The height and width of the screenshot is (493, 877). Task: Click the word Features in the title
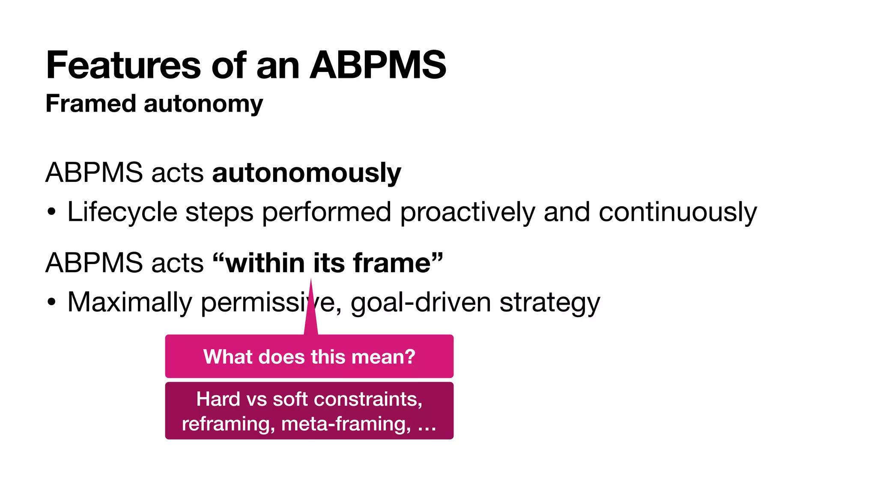point(123,65)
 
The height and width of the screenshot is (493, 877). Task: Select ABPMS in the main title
point(378,65)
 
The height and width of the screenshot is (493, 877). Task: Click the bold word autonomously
point(307,173)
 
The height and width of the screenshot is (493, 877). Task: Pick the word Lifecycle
point(122,213)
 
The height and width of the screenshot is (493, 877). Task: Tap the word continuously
point(677,213)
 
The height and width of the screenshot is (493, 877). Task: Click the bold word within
point(265,263)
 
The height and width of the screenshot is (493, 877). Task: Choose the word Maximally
point(130,303)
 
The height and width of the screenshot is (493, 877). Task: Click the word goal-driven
point(421,303)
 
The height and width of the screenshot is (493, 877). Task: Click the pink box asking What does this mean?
point(309,356)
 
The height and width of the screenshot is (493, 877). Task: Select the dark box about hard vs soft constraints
point(309,411)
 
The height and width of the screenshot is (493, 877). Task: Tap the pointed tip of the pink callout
point(311,281)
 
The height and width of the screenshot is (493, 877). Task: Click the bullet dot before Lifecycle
point(52,212)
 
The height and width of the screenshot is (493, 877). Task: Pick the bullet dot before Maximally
point(52,302)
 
